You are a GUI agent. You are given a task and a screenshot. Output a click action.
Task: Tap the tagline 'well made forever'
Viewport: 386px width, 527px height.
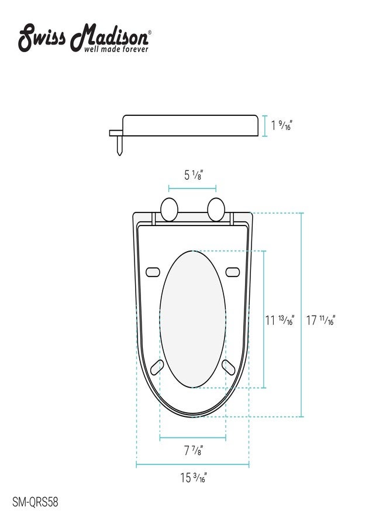pyautogui.click(x=116, y=49)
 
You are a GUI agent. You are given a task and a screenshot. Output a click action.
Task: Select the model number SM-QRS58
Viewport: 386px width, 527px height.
pyautogui.click(x=35, y=502)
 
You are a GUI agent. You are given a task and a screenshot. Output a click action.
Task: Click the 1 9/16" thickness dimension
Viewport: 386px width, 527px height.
pyautogui.click(x=281, y=125)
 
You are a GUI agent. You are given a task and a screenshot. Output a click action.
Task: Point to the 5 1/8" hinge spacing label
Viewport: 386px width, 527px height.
pyautogui.click(x=194, y=175)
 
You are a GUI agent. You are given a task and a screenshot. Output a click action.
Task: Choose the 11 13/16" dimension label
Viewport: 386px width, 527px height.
pyautogui.click(x=280, y=320)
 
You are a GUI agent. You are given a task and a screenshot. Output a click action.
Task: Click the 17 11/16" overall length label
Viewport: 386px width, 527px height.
pyautogui.click(x=321, y=320)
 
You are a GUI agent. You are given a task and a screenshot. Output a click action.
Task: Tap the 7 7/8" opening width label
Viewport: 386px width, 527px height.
pyautogui.click(x=194, y=450)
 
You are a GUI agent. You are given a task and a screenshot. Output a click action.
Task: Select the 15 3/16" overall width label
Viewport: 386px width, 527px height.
pyautogui.click(x=194, y=477)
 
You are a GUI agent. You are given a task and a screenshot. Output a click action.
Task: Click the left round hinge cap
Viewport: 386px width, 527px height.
pyautogui.click(x=169, y=210)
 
